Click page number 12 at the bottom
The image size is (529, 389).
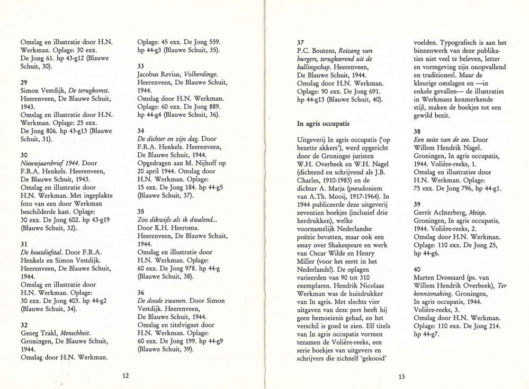[x=125, y=376]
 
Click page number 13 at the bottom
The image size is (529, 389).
[x=401, y=377]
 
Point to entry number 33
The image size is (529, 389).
[x=140, y=66]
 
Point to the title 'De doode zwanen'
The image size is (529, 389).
[x=162, y=301]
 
